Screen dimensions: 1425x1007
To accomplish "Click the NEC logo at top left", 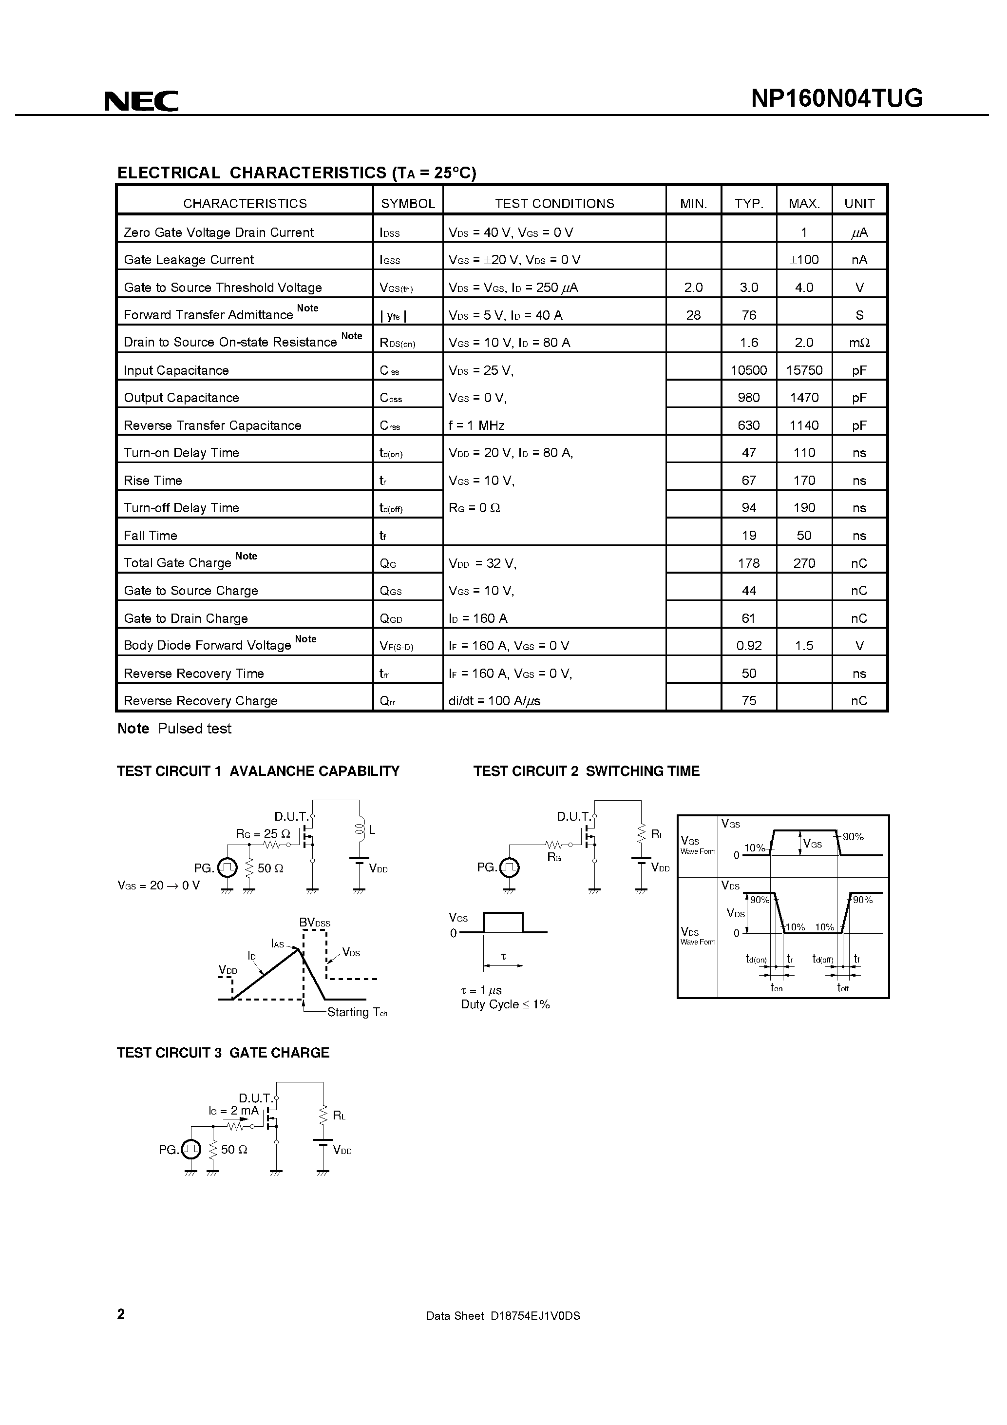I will [141, 100].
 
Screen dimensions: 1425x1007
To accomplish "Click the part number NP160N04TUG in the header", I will [837, 98].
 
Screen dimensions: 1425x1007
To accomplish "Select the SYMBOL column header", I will [408, 204].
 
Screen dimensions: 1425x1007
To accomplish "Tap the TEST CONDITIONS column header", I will [554, 204].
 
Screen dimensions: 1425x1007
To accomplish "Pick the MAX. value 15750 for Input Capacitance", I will [804, 370].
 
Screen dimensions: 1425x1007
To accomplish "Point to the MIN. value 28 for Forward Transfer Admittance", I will [693, 315].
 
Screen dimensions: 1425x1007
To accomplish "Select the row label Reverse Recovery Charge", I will [200, 701].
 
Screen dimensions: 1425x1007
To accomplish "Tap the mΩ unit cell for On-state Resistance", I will [859, 343].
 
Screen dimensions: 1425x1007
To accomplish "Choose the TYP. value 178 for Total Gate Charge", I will [749, 563].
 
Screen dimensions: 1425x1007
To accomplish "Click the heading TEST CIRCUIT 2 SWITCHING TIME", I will [587, 771].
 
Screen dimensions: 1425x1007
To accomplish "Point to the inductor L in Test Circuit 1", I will [360, 829].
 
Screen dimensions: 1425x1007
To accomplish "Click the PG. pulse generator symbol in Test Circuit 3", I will [191, 1150].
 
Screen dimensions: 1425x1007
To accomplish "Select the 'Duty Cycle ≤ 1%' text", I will [505, 1004].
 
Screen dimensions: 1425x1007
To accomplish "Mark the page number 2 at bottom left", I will [121, 1331].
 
